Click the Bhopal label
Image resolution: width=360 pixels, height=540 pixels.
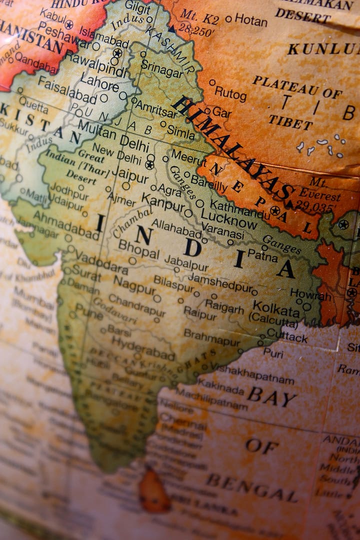coord(138,248)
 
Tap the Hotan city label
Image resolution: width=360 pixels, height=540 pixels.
coord(250,19)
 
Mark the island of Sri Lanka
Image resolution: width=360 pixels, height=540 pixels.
coord(153,490)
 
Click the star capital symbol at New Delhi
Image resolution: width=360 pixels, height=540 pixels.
coord(149,164)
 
